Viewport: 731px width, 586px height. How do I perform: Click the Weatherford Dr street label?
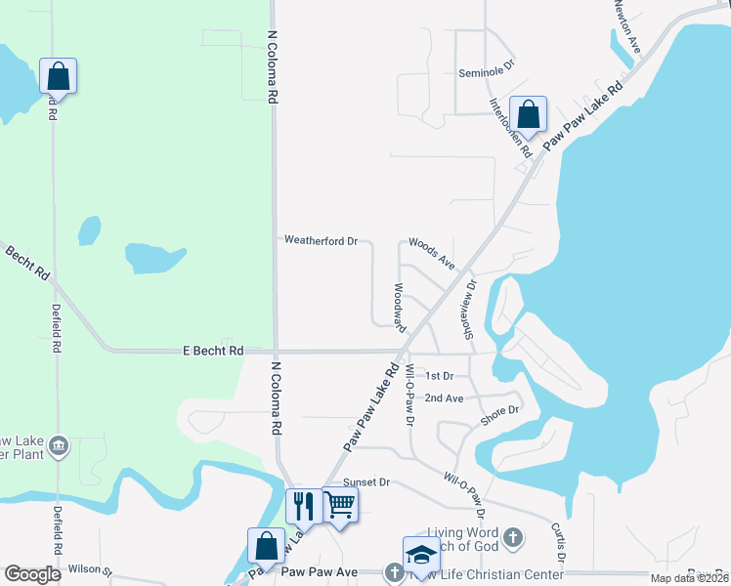[x=322, y=240]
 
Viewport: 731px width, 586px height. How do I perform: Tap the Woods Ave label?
[x=432, y=252]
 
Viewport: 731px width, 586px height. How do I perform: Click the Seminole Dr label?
[x=486, y=73]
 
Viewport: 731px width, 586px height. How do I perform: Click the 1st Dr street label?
[x=439, y=376]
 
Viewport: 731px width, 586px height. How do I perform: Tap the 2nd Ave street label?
[x=444, y=398]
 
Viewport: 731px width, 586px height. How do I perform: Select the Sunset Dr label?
[x=366, y=482]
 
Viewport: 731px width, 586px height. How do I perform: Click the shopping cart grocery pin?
[x=340, y=505]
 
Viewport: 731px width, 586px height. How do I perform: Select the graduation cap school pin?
[x=422, y=554]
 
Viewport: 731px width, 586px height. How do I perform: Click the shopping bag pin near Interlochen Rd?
[x=528, y=113]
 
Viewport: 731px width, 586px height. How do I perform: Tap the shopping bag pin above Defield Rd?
[x=58, y=75]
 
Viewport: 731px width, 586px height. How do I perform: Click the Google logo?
[x=32, y=574]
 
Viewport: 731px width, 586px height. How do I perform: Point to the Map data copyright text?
[x=688, y=578]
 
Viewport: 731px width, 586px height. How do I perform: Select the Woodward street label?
[x=400, y=308]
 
